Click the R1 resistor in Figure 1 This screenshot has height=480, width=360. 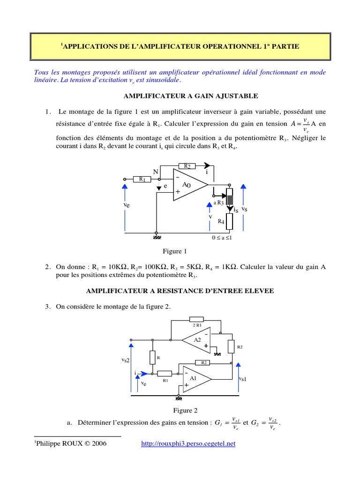(x=141, y=179)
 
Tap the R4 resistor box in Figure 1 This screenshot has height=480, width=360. (x=229, y=221)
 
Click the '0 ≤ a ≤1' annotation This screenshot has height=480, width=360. (x=222, y=238)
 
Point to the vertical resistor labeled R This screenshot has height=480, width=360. (x=152, y=357)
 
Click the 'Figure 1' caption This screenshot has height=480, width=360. (x=174, y=251)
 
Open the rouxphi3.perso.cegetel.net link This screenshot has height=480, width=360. (x=188, y=443)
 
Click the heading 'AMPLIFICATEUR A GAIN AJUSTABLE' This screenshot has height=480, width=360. (x=190, y=96)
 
